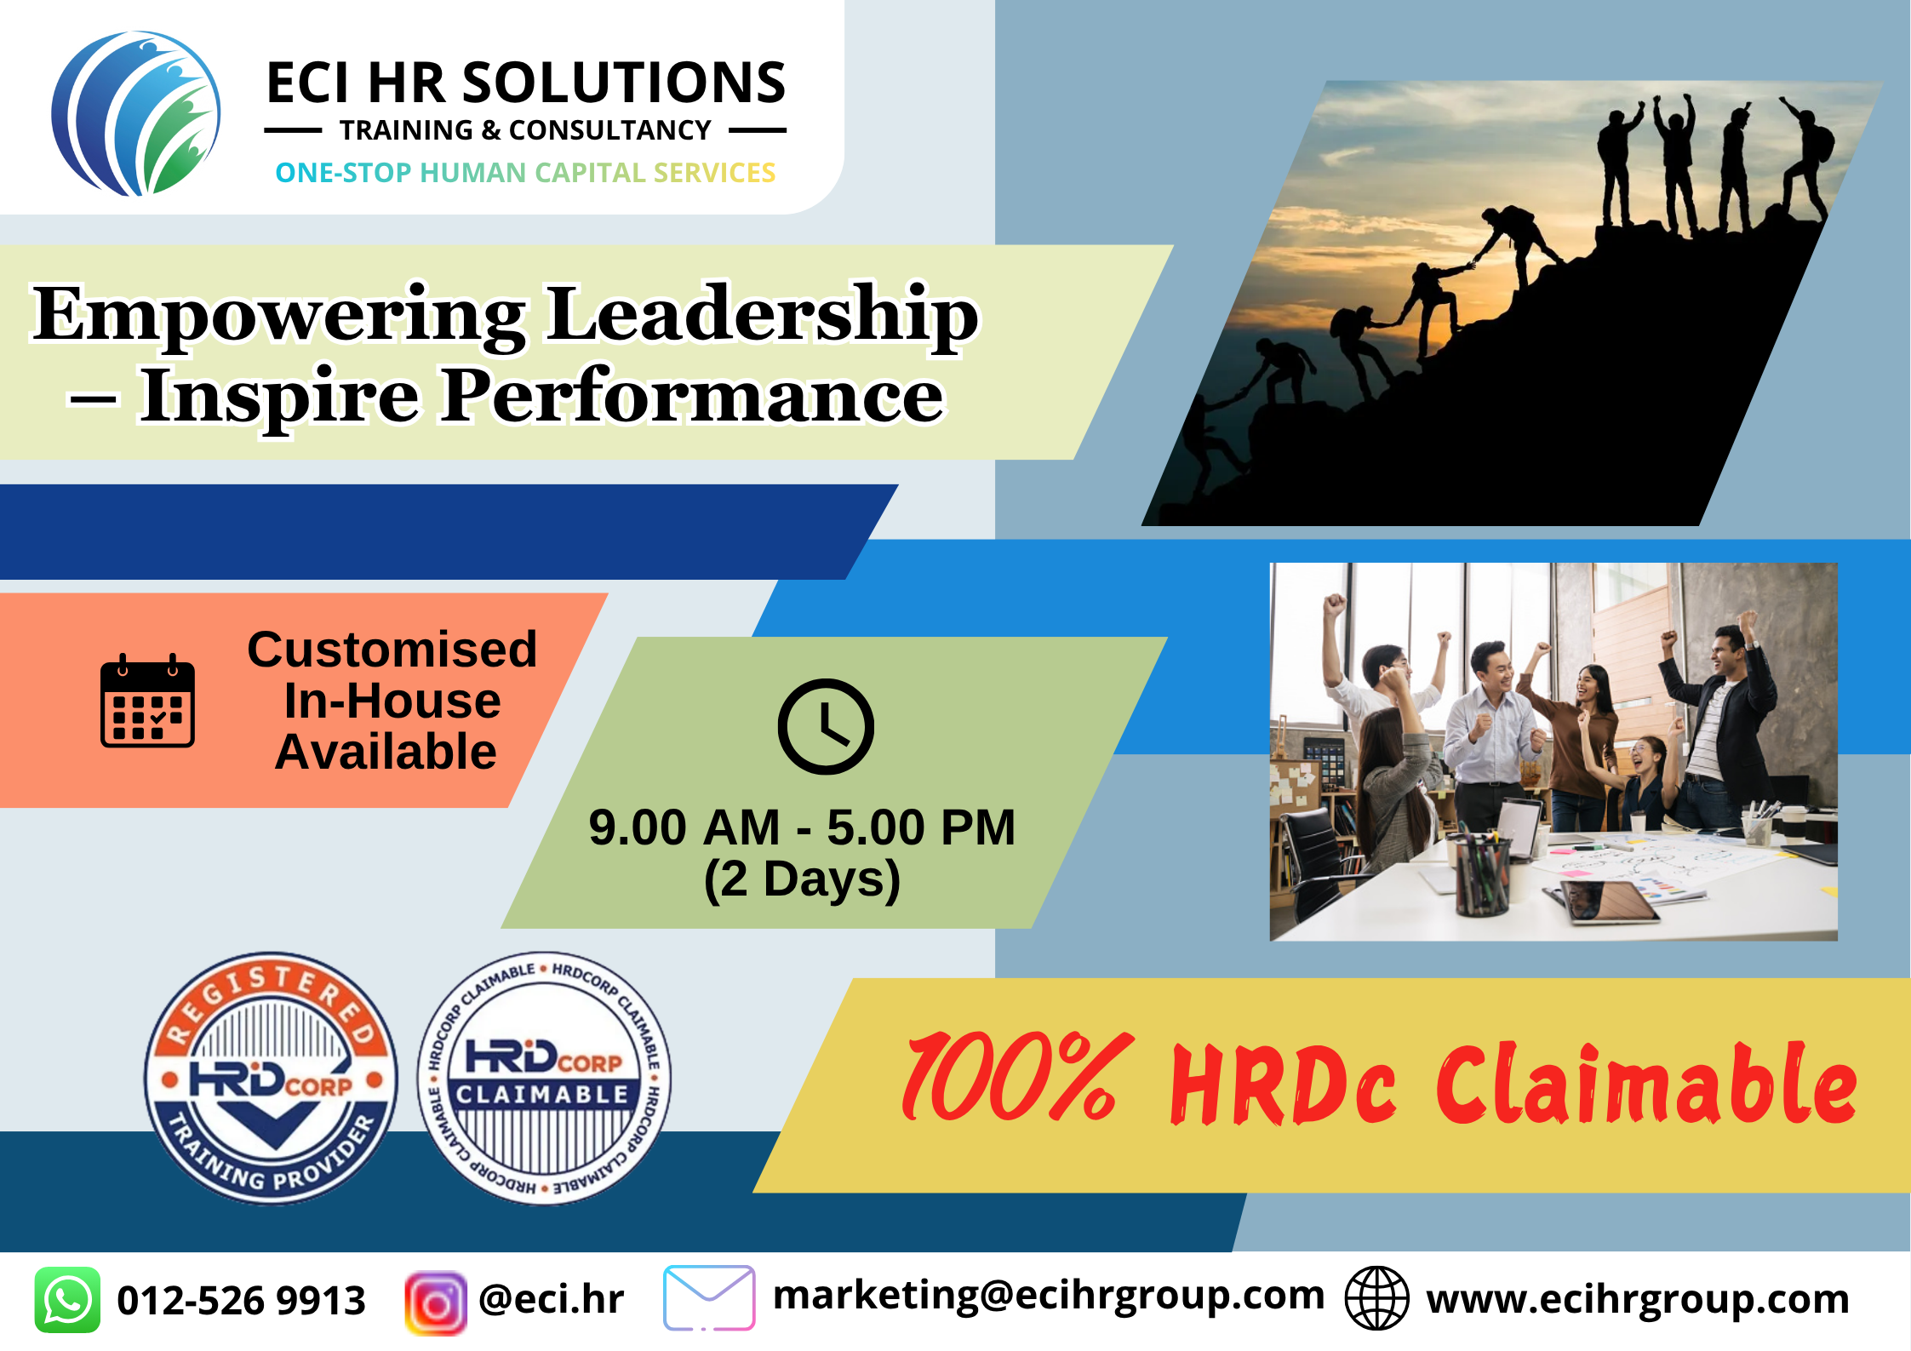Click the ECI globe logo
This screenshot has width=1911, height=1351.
(x=136, y=113)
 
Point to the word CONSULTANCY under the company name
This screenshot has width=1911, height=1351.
(x=609, y=130)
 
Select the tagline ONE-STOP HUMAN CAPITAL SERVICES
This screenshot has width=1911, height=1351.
(x=525, y=173)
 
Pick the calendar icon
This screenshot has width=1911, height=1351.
(x=147, y=701)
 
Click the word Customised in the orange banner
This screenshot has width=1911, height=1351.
(x=392, y=650)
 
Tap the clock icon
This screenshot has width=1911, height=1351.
(x=826, y=726)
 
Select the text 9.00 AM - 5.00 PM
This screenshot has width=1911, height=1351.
(x=802, y=827)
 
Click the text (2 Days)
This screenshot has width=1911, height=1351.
(x=802, y=879)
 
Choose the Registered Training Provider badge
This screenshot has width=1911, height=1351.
(x=271, y=1078)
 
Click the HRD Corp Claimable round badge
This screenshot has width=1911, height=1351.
(x=544, y=1078)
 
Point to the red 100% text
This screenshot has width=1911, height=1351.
(x=1018, y=1078)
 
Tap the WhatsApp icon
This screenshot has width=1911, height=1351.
(x=67, y=1300)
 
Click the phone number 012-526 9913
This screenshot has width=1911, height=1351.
(x=241, y=1301)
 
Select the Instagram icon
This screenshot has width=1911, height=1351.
(x=436, y=1302)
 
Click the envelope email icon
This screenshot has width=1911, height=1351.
(x=709, y=1298)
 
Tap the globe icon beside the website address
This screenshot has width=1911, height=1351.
(x=1376, y=1298)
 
